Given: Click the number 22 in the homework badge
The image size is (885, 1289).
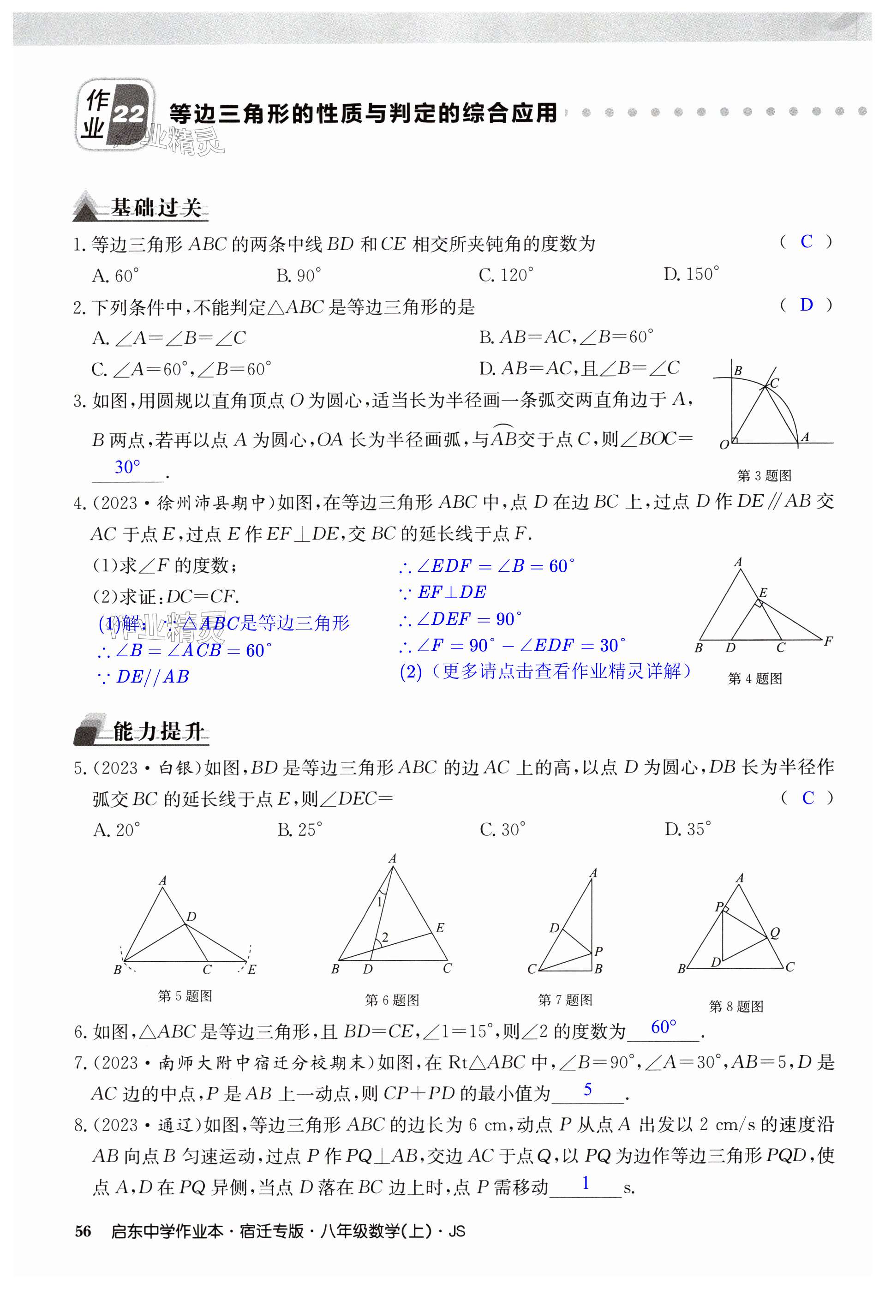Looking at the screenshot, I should [x=129, y=115].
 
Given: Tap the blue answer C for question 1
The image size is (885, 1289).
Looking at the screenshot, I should [x=806, y=242].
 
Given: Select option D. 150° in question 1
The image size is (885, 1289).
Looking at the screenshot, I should [x=691, y=274].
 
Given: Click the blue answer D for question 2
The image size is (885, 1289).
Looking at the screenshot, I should [x=806, y=305].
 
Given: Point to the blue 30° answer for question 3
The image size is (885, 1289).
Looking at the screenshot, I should [x=127, y=468].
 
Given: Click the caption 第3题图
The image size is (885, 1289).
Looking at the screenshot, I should [x=764, y=475].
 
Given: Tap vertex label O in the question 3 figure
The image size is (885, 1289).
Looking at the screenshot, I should [x=724, y=445].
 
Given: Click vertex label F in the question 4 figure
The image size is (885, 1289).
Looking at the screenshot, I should [x=828, y=641].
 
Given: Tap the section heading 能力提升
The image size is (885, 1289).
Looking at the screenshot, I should [x=158, y=731].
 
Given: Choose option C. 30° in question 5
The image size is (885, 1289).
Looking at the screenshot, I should [x=502, y=830].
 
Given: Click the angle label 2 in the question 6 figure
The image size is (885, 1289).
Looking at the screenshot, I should [x=385, y=937].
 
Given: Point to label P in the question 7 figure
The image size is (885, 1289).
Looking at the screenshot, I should [x=599, y=951].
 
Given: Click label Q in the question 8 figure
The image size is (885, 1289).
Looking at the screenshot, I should [x=775, y=933].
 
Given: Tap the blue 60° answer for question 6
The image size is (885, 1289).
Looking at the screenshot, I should [x=664, y=1027].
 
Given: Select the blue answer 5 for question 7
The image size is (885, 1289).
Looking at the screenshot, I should [x=588, y=1089].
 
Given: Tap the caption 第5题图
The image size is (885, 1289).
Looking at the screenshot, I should [x=185, y=995].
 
